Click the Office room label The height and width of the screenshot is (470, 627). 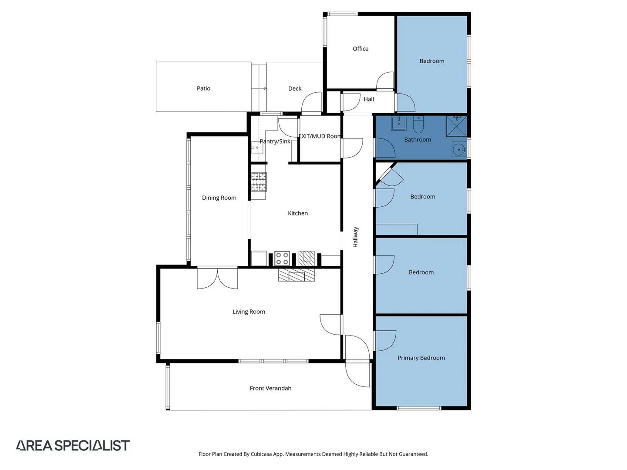[x=360, y=49]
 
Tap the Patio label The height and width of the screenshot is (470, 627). [x=203, y=88]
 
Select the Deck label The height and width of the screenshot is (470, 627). [x=295, y=88]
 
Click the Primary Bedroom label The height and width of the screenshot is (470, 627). [x=421, y=358]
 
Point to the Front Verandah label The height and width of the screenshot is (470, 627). [x=270, y=388]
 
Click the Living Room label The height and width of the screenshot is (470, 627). [x=249, y=312]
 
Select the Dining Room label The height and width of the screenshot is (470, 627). [x=219, y=198]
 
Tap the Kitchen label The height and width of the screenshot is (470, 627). [x=298, y=213]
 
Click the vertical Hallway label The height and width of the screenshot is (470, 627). [x=355, y=237]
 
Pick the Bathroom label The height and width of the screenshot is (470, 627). [x=418, y=140]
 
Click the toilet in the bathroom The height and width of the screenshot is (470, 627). [x=418, y=125]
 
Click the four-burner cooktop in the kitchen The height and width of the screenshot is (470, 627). [x=282, y=258]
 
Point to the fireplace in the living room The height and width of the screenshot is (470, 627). [x=297, y=275]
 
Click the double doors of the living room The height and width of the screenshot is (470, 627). [x=217, y=279]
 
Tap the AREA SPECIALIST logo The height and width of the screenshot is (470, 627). [x=73, y=445]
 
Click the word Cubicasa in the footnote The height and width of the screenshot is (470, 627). [x=261, y=454]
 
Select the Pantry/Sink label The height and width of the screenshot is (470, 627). [x=275, y=141]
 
